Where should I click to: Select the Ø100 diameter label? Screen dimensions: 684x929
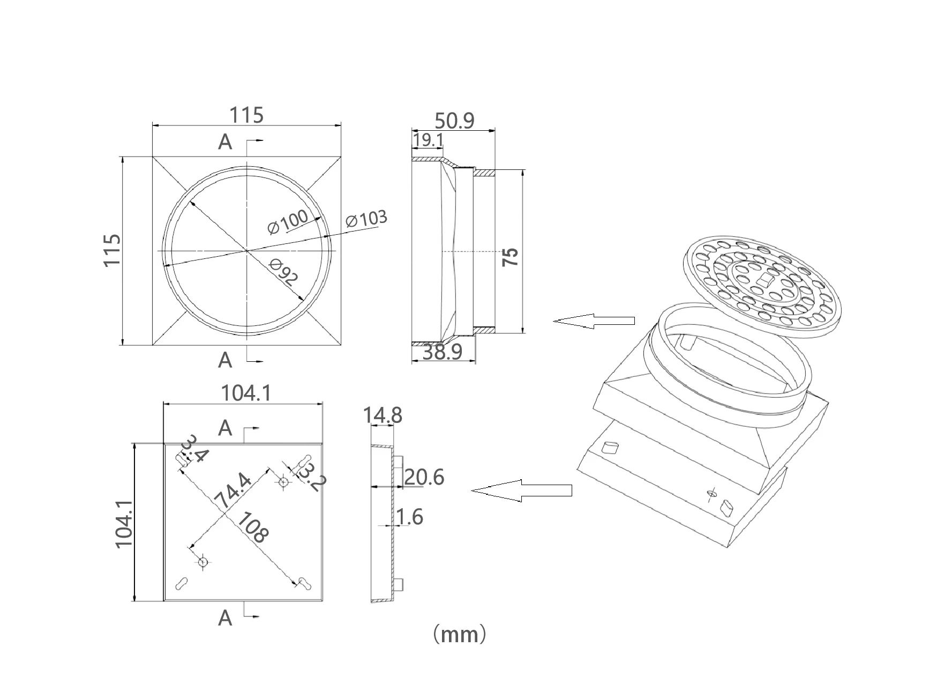point(288,221)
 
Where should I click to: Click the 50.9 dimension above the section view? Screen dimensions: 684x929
point(454,121)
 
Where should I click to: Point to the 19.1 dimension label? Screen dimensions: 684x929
point(429,140)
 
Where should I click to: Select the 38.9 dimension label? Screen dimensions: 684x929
point(443,352)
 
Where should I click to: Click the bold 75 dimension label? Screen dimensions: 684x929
point(511,257)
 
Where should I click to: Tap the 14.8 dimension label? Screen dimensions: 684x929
point(383,415)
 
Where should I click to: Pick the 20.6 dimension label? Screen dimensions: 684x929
point(424,477)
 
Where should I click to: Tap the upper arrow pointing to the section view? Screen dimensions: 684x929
point(593,321)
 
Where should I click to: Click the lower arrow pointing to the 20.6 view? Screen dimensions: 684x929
point(521,490)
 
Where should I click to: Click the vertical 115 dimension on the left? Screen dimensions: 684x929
point(112,250)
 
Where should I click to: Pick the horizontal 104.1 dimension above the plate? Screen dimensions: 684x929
point(246,394)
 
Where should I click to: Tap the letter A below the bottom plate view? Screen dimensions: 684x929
point(226,618)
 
